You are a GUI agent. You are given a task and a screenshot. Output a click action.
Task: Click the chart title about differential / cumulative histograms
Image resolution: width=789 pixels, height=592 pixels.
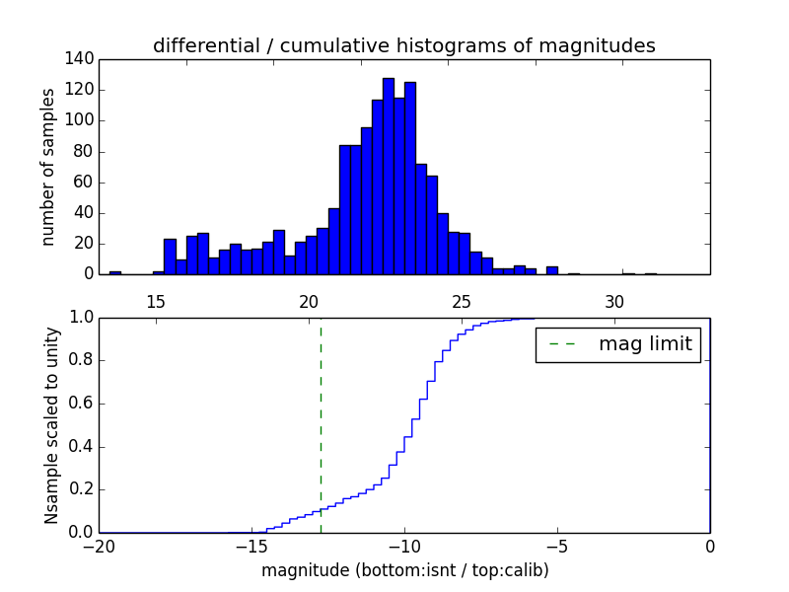[x=403, y=45]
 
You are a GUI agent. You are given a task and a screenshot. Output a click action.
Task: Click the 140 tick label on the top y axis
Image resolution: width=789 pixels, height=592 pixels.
[x=82, y=59]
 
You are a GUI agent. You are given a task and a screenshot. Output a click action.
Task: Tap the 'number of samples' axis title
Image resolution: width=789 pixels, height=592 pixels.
[x=48, y=166]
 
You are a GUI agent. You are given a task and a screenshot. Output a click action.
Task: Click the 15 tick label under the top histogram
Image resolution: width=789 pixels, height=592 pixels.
[x=156, y=301]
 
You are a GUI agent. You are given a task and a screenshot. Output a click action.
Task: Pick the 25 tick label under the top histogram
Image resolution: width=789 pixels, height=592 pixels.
[x=462, y=301]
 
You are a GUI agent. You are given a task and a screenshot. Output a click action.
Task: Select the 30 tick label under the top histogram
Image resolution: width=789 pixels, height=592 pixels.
[x=614, y=301]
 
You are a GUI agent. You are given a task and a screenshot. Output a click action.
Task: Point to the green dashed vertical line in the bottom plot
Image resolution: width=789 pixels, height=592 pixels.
[x=321, y=424]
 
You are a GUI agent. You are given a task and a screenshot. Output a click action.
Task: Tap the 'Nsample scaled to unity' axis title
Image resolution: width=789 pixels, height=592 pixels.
[x=51, y=424]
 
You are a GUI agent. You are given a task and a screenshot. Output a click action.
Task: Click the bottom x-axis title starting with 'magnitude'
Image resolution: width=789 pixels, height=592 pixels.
[x=404, y=570]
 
